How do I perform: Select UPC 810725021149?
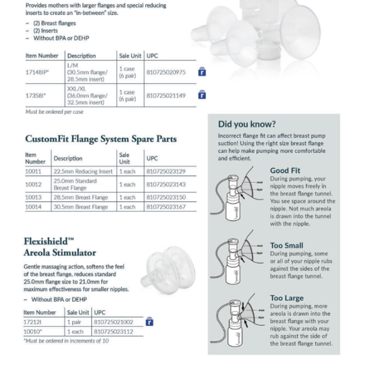[x=166, y=95]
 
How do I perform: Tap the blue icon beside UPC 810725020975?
[x=202, y=72]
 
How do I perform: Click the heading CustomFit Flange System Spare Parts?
[x=100, y=139]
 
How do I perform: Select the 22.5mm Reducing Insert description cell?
[x=83, y=171]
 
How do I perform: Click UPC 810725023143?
[x=166, y=184]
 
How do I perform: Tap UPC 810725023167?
[x=166, y=207]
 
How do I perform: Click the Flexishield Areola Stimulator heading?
[x=60, y=247]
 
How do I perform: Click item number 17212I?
[x=33, y=322]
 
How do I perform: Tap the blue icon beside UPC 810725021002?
[x=149, y=322]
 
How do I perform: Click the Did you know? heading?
[x=246, y=124]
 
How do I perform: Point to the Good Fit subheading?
[x=285, y=170]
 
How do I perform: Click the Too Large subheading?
[x=286, y=298]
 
